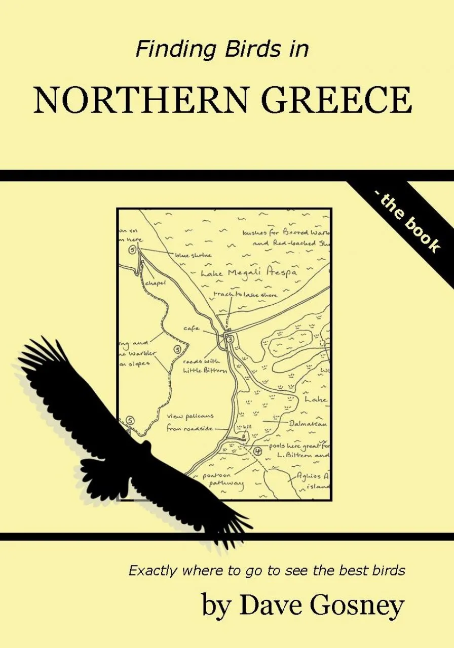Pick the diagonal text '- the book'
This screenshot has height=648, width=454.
pos(408,225)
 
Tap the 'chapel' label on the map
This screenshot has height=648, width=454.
pos(156,283)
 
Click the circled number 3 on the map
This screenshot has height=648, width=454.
pos(231,339)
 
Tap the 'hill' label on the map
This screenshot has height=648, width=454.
pos(248,427)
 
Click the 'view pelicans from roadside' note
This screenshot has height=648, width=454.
pos(190,422)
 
